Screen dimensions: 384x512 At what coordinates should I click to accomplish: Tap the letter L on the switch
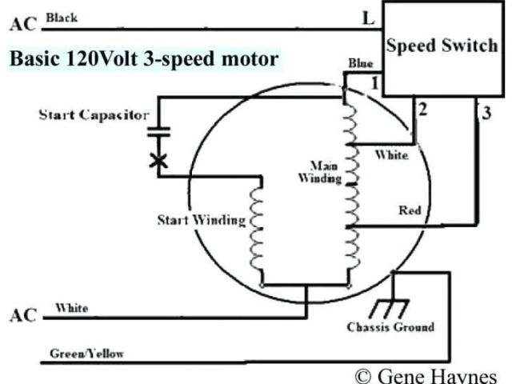(368, 18)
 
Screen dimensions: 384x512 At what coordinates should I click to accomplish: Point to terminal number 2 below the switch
(423, 109)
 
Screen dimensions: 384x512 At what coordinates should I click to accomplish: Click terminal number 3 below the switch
(486, 112)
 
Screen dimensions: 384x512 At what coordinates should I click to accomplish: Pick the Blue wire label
(360, 63)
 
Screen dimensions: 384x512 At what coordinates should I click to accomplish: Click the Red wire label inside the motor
(410, 210)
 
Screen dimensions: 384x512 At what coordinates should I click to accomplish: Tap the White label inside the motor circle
(391, 154)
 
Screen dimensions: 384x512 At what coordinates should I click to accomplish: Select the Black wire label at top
(62, 16)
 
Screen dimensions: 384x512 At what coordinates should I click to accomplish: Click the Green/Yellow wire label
(86, 353)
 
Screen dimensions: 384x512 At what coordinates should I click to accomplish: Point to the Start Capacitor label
(94, 115)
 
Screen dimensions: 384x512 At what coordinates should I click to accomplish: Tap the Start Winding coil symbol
(258, 232)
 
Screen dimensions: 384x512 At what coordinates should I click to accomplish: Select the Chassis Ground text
(390, 327)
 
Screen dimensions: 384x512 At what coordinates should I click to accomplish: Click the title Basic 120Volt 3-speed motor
(144, 58)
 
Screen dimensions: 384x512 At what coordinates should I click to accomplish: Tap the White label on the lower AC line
(71, 308)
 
